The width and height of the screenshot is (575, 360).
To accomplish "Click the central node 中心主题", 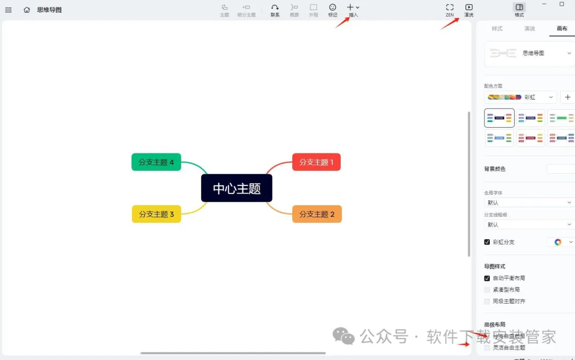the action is pos(236,188).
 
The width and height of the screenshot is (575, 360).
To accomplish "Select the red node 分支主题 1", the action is pos(316,162).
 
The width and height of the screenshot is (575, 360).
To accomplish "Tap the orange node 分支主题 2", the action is pos(317,214).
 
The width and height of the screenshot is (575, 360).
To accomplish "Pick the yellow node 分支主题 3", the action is pos(157,214).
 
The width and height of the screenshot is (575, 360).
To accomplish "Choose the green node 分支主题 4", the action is pos(156,162).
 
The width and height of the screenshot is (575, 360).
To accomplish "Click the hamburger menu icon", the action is pos(9,10).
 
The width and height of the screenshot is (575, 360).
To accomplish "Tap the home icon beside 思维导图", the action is pos(27,10).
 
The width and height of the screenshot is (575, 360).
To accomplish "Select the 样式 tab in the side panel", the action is pos(497,28).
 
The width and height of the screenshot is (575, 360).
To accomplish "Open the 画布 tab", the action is pos(562,28).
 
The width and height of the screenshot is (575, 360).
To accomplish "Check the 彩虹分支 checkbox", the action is pos(487,242).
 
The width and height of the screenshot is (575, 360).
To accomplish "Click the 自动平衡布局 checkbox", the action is pos(487,278).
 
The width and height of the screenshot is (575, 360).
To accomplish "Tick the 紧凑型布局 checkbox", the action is pos(487,290).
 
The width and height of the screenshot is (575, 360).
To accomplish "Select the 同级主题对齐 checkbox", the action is pos(487,301).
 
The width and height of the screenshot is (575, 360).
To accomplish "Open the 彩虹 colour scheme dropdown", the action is pos(521,97).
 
